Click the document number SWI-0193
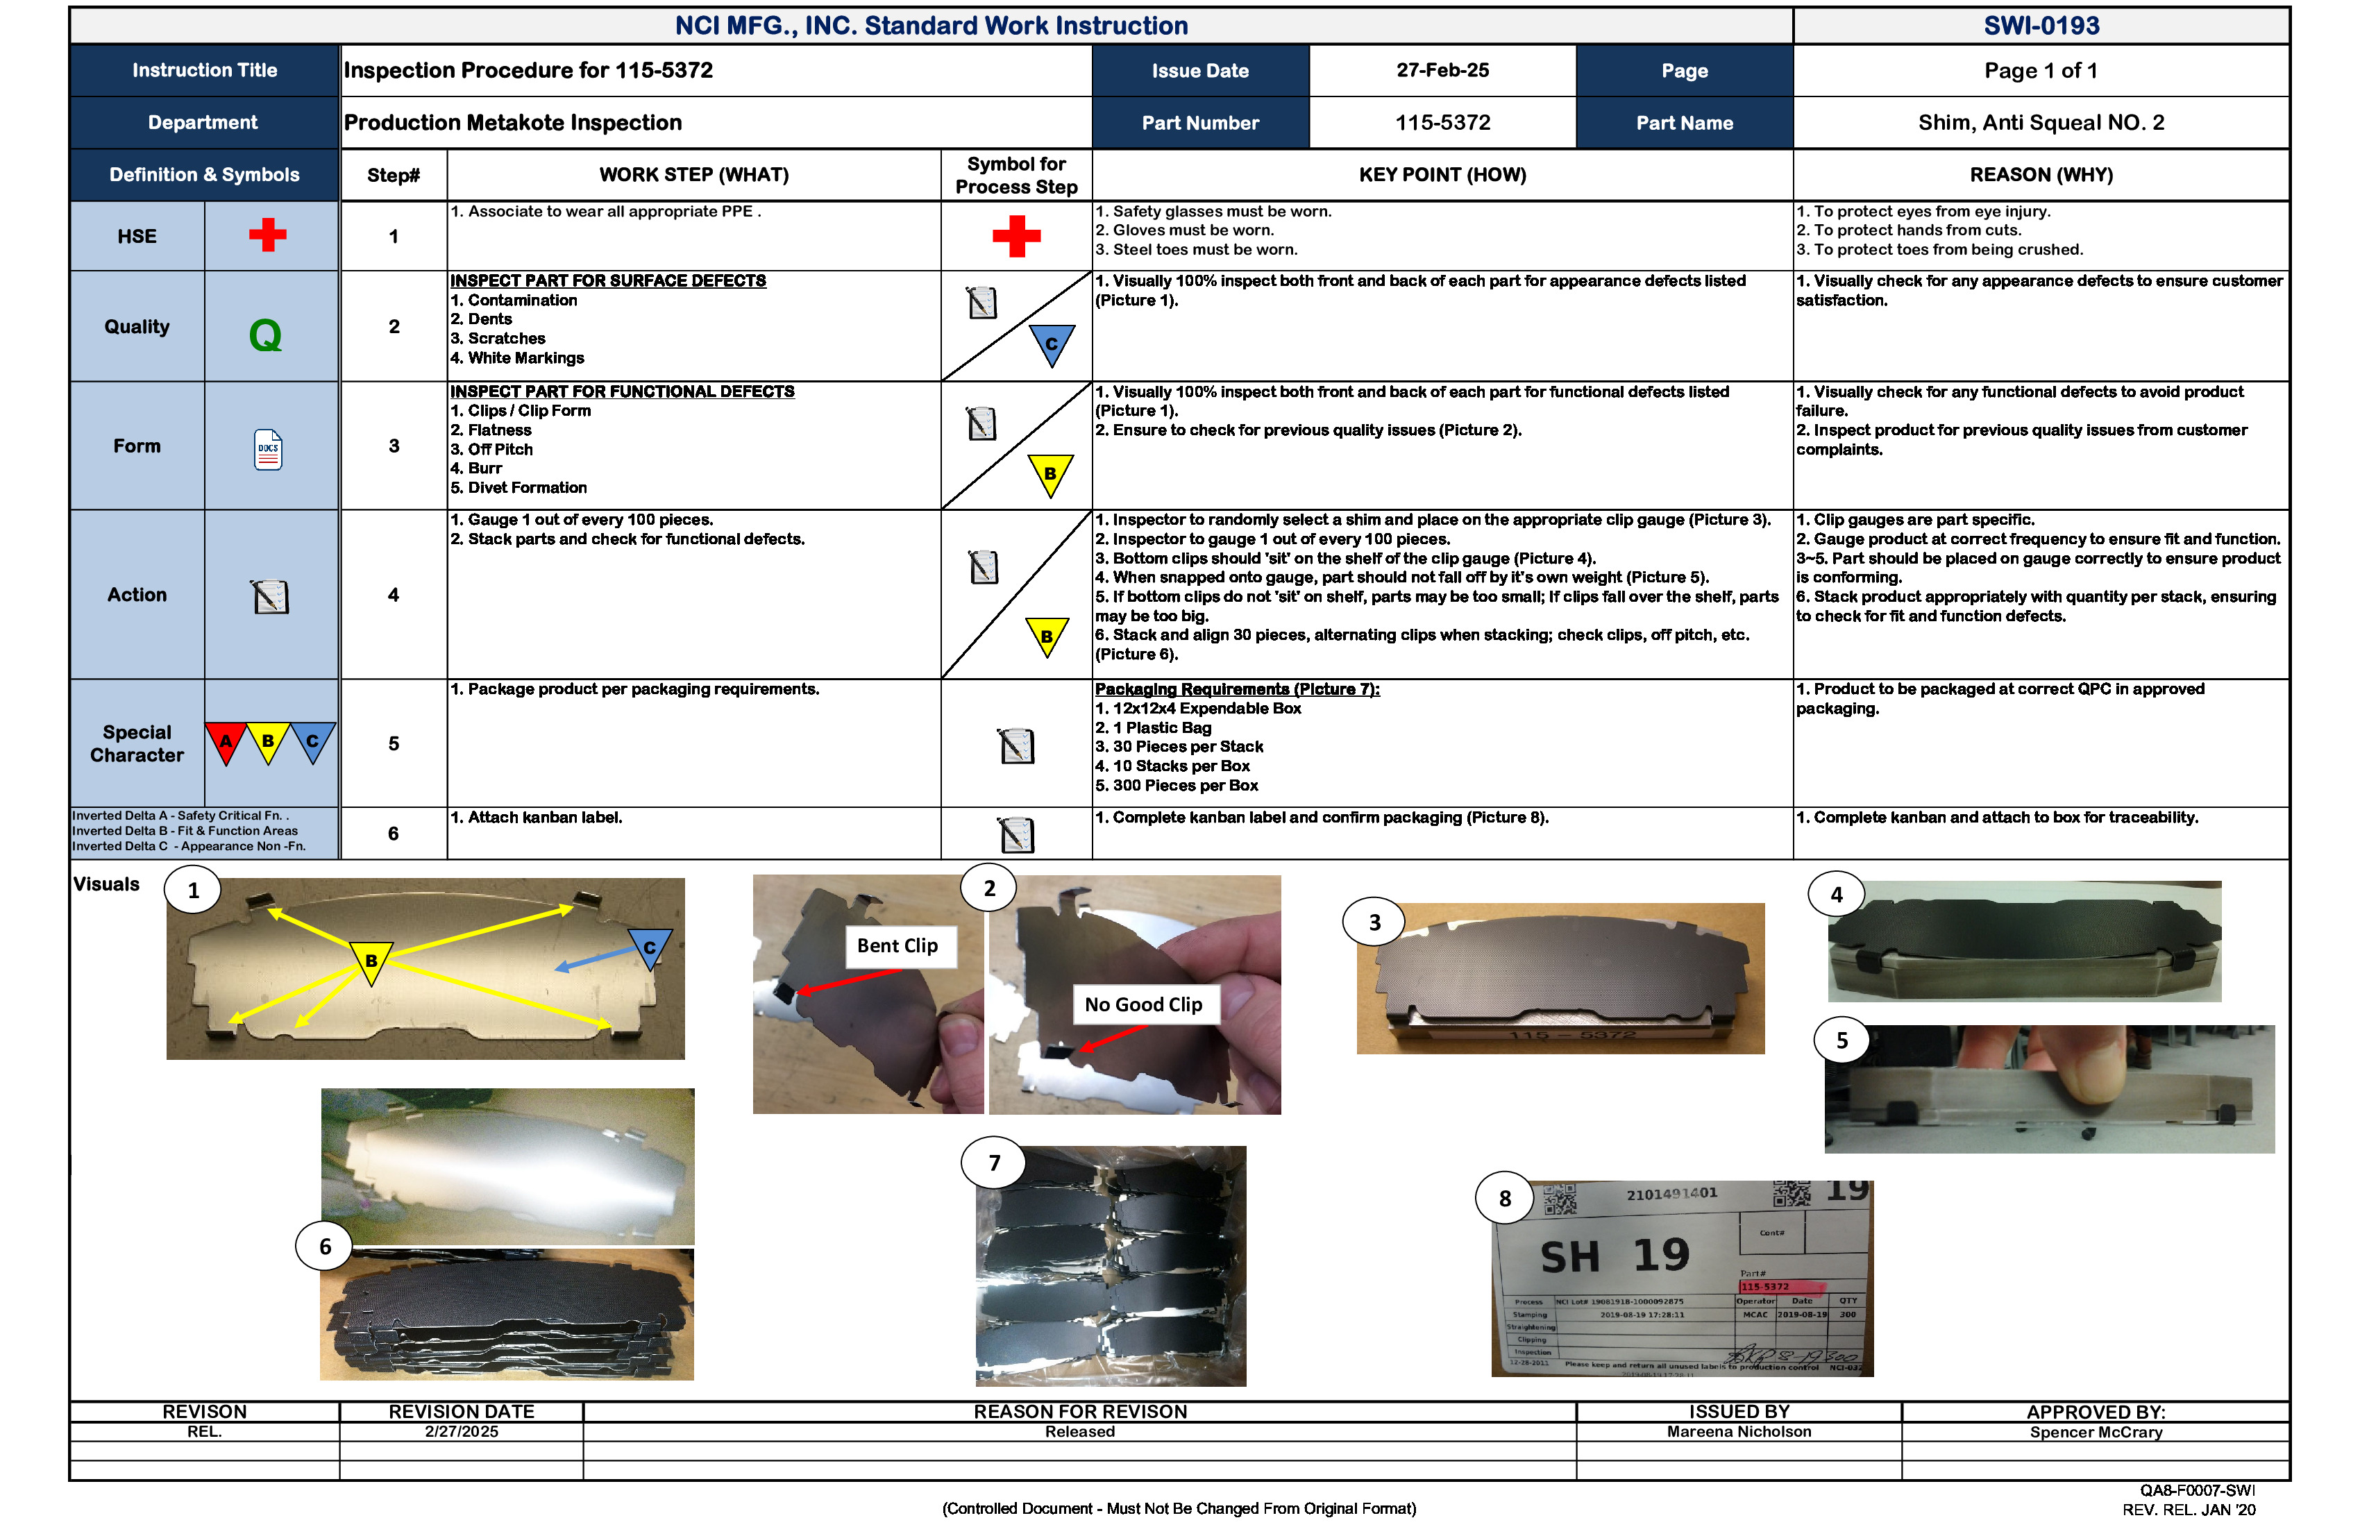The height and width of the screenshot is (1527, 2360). (x=2041, y=26)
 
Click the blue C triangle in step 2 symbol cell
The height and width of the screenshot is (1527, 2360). (x=1051, y=344)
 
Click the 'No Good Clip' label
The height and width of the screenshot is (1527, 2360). (x=1143, y=1004)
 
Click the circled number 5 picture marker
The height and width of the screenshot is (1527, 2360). (x=1841, y=1040)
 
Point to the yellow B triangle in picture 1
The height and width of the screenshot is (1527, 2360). (x=371, y=960)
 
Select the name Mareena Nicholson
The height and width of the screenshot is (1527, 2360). (x=1738, y=1432)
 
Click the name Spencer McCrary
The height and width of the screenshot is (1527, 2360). (x=2096, y=1433)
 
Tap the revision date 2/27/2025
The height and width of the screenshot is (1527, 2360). (x=461, y=1432)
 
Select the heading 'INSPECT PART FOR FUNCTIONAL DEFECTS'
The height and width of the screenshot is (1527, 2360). (x=622, y=391)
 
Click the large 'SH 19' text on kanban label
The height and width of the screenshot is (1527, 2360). (x=1615, y=1256)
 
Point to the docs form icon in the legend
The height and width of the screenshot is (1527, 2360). (x=268, y=449)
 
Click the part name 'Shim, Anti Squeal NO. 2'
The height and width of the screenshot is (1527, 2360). (x=2041, y=123)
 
